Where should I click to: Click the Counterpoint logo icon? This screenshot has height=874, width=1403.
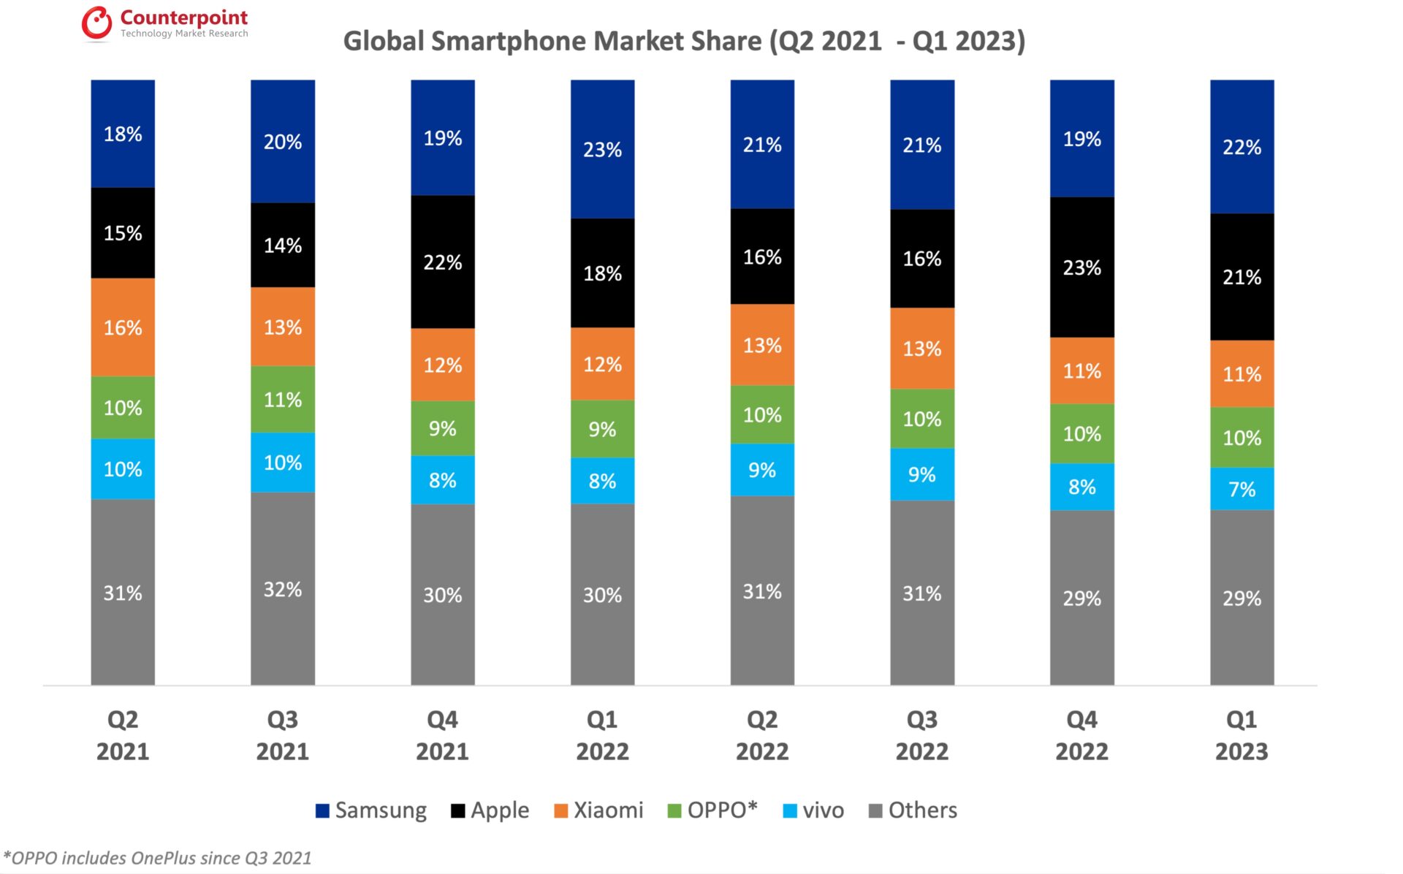[96, 23]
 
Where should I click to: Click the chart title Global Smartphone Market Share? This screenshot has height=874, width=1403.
[684, 41]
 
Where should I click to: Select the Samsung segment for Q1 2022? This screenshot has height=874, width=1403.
[602, 149]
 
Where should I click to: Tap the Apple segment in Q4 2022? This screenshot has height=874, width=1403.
[1081, 267]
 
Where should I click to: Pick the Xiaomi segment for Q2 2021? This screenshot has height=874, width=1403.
[123, 327]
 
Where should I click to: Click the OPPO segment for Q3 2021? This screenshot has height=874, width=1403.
[283, 400]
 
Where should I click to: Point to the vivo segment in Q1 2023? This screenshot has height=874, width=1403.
[1242, 489]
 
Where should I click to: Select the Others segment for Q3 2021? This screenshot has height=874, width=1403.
[283, 589]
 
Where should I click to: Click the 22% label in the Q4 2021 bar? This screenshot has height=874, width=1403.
[443, 262]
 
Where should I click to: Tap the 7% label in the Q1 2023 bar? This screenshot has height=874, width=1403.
[1242, 490]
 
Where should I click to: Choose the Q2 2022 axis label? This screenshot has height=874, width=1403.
[762, 735]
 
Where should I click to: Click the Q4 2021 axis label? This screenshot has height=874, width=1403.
[443, 735]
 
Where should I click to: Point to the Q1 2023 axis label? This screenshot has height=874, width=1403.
[1242, 735]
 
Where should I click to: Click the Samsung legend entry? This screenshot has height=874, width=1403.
[371, 810]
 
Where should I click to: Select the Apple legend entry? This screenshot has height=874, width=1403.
[490, 810]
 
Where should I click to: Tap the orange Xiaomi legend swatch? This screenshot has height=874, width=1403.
[561, 811]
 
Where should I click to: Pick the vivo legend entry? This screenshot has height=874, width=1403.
[813, 810]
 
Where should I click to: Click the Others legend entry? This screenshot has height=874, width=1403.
[913, 810]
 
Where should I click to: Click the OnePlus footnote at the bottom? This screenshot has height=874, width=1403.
[158, 858]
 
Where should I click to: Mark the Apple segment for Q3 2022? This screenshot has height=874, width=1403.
[922, 259]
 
